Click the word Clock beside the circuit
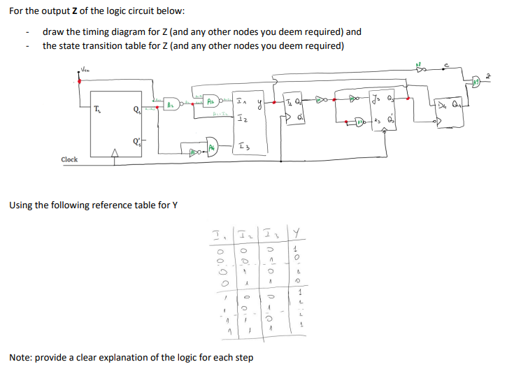tap(69, 159)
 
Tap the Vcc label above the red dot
tap(84, 68)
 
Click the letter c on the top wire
tap(445, 66)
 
